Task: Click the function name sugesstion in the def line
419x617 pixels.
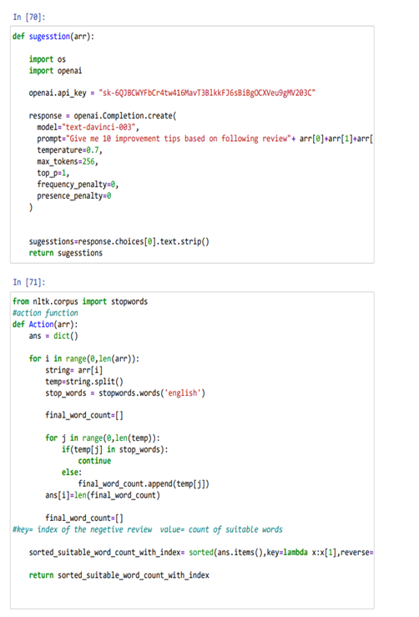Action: coord(49,37)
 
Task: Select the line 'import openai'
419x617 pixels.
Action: coord(55,71)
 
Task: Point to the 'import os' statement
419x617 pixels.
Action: coord(48,59)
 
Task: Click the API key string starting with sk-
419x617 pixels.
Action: coord(207,93)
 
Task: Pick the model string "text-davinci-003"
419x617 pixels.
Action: coord(98,127)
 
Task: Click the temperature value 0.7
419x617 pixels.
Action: coord(93,150)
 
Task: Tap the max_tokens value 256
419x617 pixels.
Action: coord(88,161)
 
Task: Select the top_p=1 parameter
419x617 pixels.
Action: coord(53,173)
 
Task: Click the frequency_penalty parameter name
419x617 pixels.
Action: coord(72,185)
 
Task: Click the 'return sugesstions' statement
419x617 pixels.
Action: coord(66,253)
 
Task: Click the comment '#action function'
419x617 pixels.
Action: coord(45,313)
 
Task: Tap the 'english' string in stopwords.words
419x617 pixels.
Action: coord(183,393)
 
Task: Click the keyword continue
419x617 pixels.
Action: coord(94,461)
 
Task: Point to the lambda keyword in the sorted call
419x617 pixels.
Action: coord(295,553)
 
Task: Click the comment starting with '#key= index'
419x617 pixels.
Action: coord(148,529)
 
